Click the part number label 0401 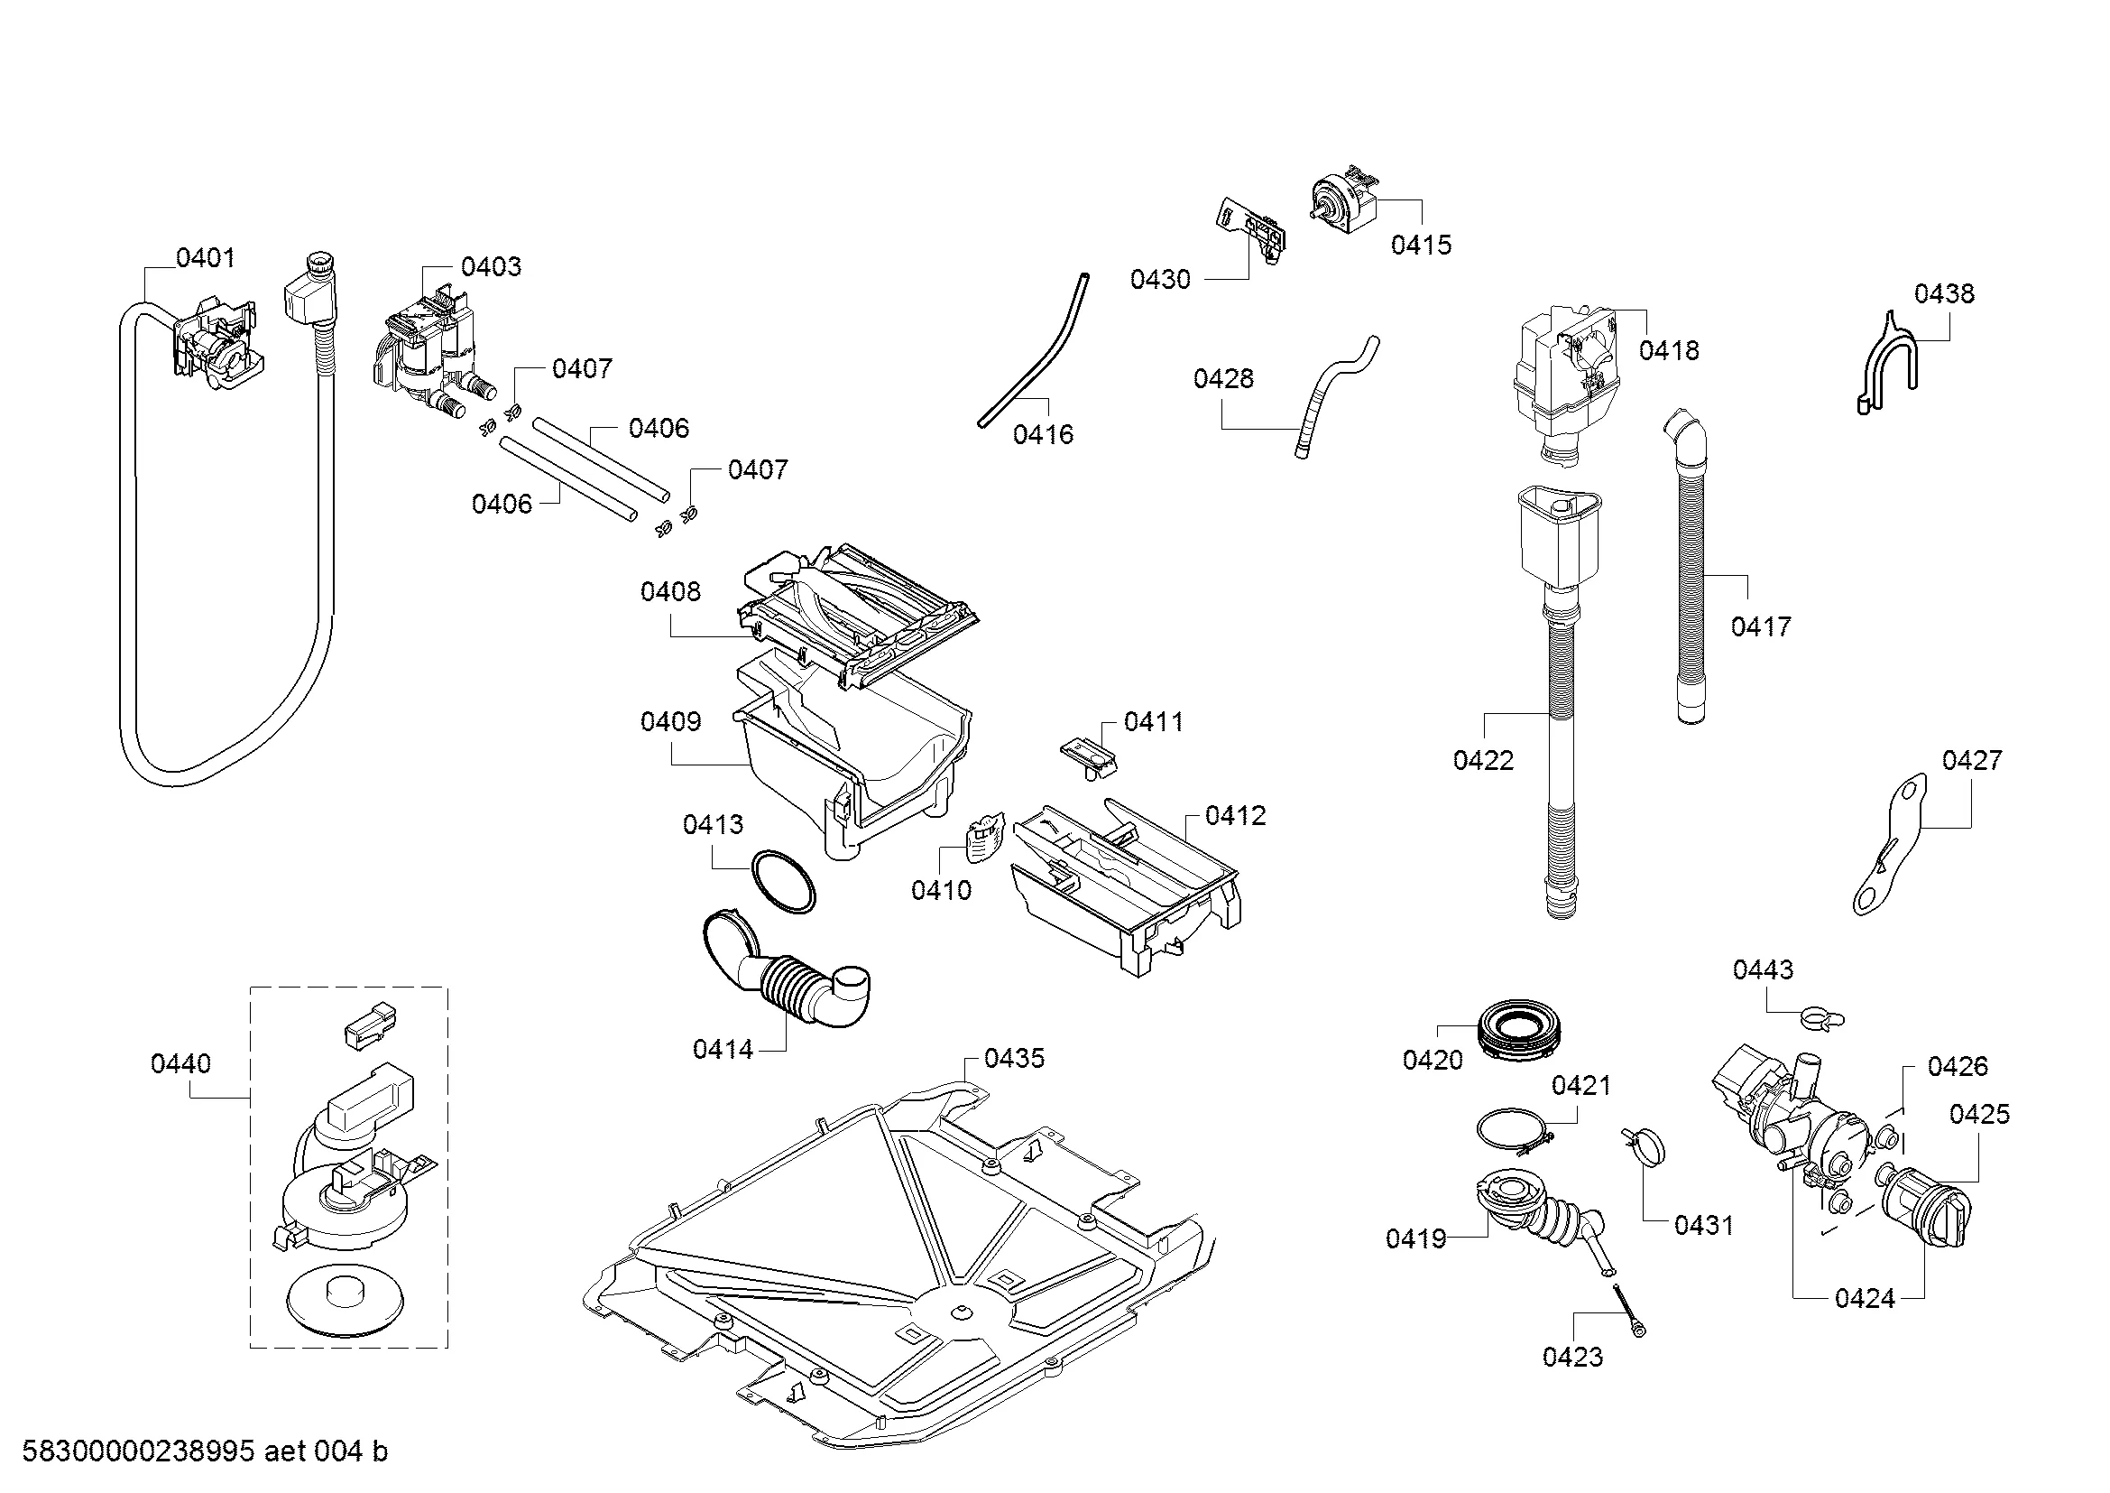click(x=205, y=258)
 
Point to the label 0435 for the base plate click(x=1015, y=1058)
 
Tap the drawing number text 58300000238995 click(x=138, y=1451)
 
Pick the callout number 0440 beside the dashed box click(x=180, y=1063)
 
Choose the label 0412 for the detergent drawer click(x=1234, y=815)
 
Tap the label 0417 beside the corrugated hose click(x=1761, y=627)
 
